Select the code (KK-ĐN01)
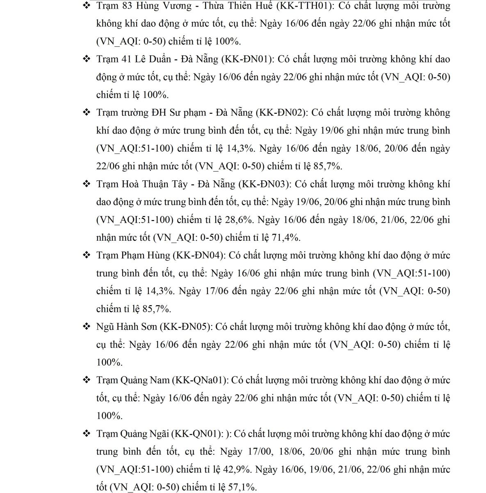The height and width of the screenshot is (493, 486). coord(247,59)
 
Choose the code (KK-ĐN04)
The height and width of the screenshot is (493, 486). coord(199,256)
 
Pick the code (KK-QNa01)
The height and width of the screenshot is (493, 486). coord(200,380)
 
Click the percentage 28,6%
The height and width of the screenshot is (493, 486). coord(240,220)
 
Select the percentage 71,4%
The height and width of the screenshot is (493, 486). coord(286,237)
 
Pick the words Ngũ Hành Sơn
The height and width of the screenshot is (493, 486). coord(127,327)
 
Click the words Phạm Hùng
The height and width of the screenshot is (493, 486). coord(146,256)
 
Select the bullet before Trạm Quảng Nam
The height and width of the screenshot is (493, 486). coord(87,380)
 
